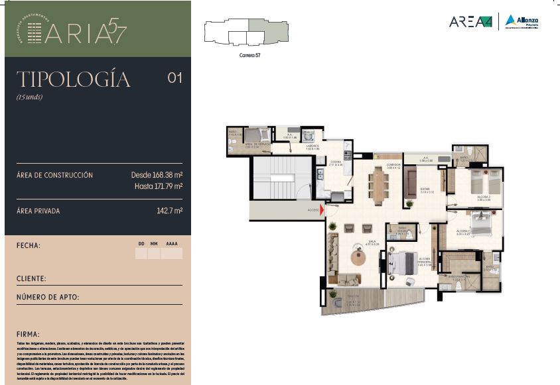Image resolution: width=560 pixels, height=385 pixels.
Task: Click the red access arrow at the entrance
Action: [x=322, y=212]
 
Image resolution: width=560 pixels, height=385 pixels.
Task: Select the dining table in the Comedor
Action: [x=379, y=185]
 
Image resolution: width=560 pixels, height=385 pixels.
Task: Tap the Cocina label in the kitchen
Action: [x=335, y=162]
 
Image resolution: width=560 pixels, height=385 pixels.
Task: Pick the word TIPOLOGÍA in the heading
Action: [x=73, y=80]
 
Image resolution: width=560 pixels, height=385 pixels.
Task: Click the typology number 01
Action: [x=175, y=78]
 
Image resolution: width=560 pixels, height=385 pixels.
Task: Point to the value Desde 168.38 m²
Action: [x=157, y=175]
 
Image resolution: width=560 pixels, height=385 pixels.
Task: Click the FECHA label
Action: [x=29, y=246]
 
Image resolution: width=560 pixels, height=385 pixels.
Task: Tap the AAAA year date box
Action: [x=172, y=252]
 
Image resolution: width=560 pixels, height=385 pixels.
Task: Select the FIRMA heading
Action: [x=28, y=334]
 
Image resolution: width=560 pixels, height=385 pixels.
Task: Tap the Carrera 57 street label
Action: [x=249, y=55]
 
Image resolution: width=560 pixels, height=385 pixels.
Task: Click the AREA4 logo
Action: [x=470, y=22]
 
